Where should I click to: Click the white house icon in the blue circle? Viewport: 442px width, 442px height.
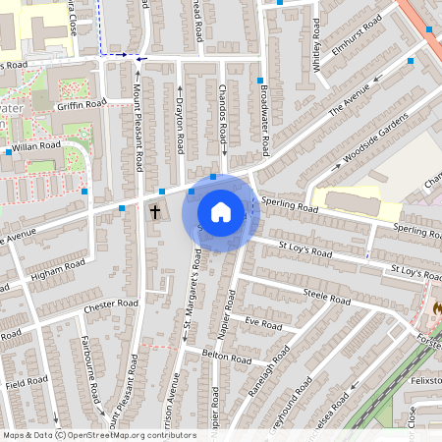pyautogui.click(x=221, y=211)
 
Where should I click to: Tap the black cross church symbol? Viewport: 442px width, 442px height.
pyautogui.click(x=154, y=211)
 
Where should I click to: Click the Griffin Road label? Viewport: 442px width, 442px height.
pyautogui.click(x=83, y=103)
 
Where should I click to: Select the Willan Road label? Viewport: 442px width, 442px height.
pyautogui.click(x=37, y=144)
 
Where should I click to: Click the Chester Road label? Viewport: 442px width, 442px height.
pyautogui.click(x=111, y=304)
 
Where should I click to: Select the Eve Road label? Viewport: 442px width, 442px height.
pyautogui.click(x=263, y=323)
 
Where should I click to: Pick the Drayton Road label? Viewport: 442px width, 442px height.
pyautogui.click(x=180, y=126)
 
